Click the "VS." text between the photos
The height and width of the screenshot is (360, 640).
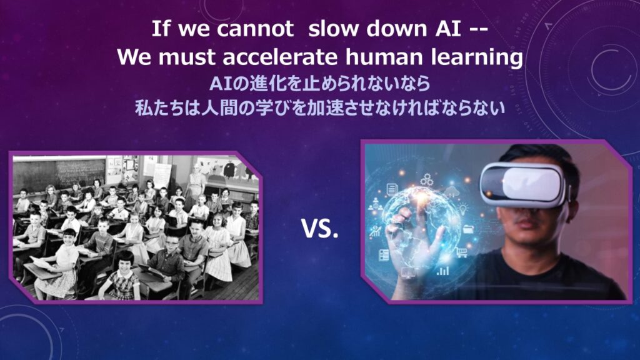(320, 229)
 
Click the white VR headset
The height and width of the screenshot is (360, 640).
(524, 184)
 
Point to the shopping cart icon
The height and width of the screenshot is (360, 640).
(461, 252)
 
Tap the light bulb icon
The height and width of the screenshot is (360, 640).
(464, 210)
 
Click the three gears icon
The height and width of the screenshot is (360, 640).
(427, 179)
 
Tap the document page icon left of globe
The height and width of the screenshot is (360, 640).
(392, 189)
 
